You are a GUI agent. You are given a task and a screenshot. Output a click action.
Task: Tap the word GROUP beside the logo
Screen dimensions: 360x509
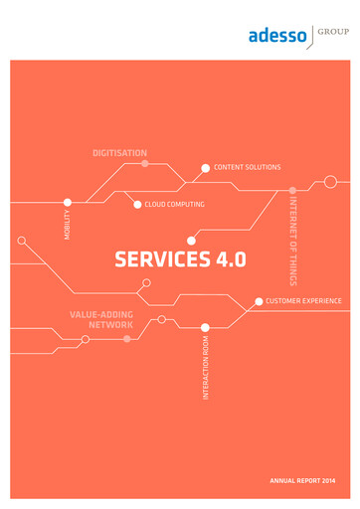[x=332, y=31]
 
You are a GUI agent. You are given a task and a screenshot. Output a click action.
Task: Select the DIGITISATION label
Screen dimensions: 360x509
[x=119, y=153]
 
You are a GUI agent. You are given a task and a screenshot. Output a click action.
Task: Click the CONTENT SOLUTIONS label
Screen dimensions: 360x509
[x=247, y=167]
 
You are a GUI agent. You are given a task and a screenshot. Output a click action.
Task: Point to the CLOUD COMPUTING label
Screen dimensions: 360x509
[x=174, y=205]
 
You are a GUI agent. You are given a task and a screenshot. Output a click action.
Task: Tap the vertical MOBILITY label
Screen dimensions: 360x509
[x=68, y=226]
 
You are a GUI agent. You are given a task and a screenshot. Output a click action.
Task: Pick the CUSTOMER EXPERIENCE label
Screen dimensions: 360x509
[x=303, y=300]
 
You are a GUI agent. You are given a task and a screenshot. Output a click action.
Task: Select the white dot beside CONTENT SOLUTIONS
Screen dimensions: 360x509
[x=206, y=168]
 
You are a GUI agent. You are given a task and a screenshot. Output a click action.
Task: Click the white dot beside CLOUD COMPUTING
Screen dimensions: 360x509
[x=137, y=205]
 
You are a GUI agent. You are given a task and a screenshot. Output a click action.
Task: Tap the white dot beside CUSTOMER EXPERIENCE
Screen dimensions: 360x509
[x=259, y=300]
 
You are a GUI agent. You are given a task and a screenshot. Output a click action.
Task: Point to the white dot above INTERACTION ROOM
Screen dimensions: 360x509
[x=206, y=326]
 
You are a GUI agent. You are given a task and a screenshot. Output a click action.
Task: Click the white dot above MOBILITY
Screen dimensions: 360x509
[x=68, y=202]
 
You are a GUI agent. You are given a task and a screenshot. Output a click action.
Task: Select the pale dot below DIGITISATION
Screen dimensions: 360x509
[x=145, y=164]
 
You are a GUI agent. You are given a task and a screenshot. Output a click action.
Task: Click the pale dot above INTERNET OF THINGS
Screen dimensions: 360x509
[x=292, y=189]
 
